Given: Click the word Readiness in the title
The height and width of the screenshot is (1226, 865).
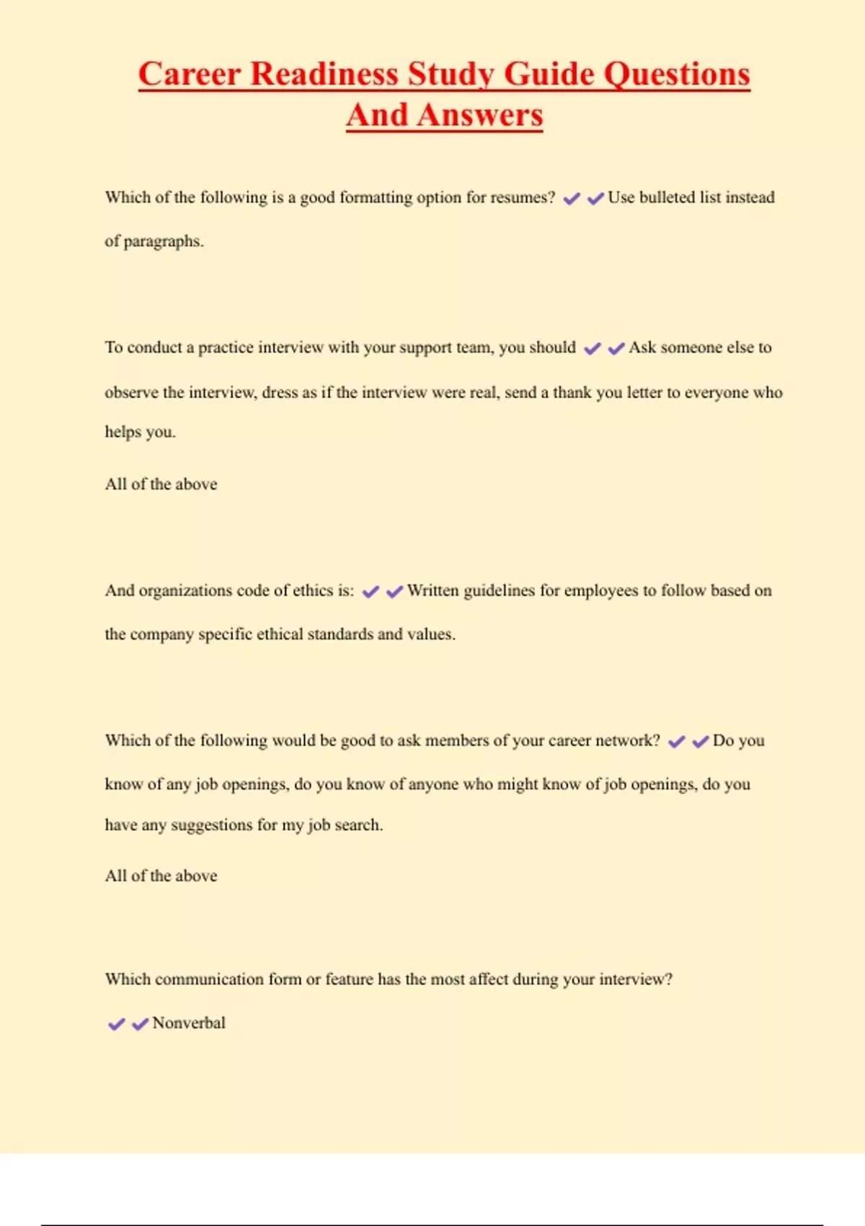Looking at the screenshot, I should (x=324, y=74).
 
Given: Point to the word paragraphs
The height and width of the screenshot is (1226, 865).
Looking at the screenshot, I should (x=164, y=242).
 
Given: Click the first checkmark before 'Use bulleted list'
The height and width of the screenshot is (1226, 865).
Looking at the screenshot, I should (x=572, y=199).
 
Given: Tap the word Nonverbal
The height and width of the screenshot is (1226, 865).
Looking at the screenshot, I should (x=189, y=1023).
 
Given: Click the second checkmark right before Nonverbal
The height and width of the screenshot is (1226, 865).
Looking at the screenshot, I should (x=140, y=1024).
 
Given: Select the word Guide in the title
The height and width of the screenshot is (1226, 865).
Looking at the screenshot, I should (x=550, y=74).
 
